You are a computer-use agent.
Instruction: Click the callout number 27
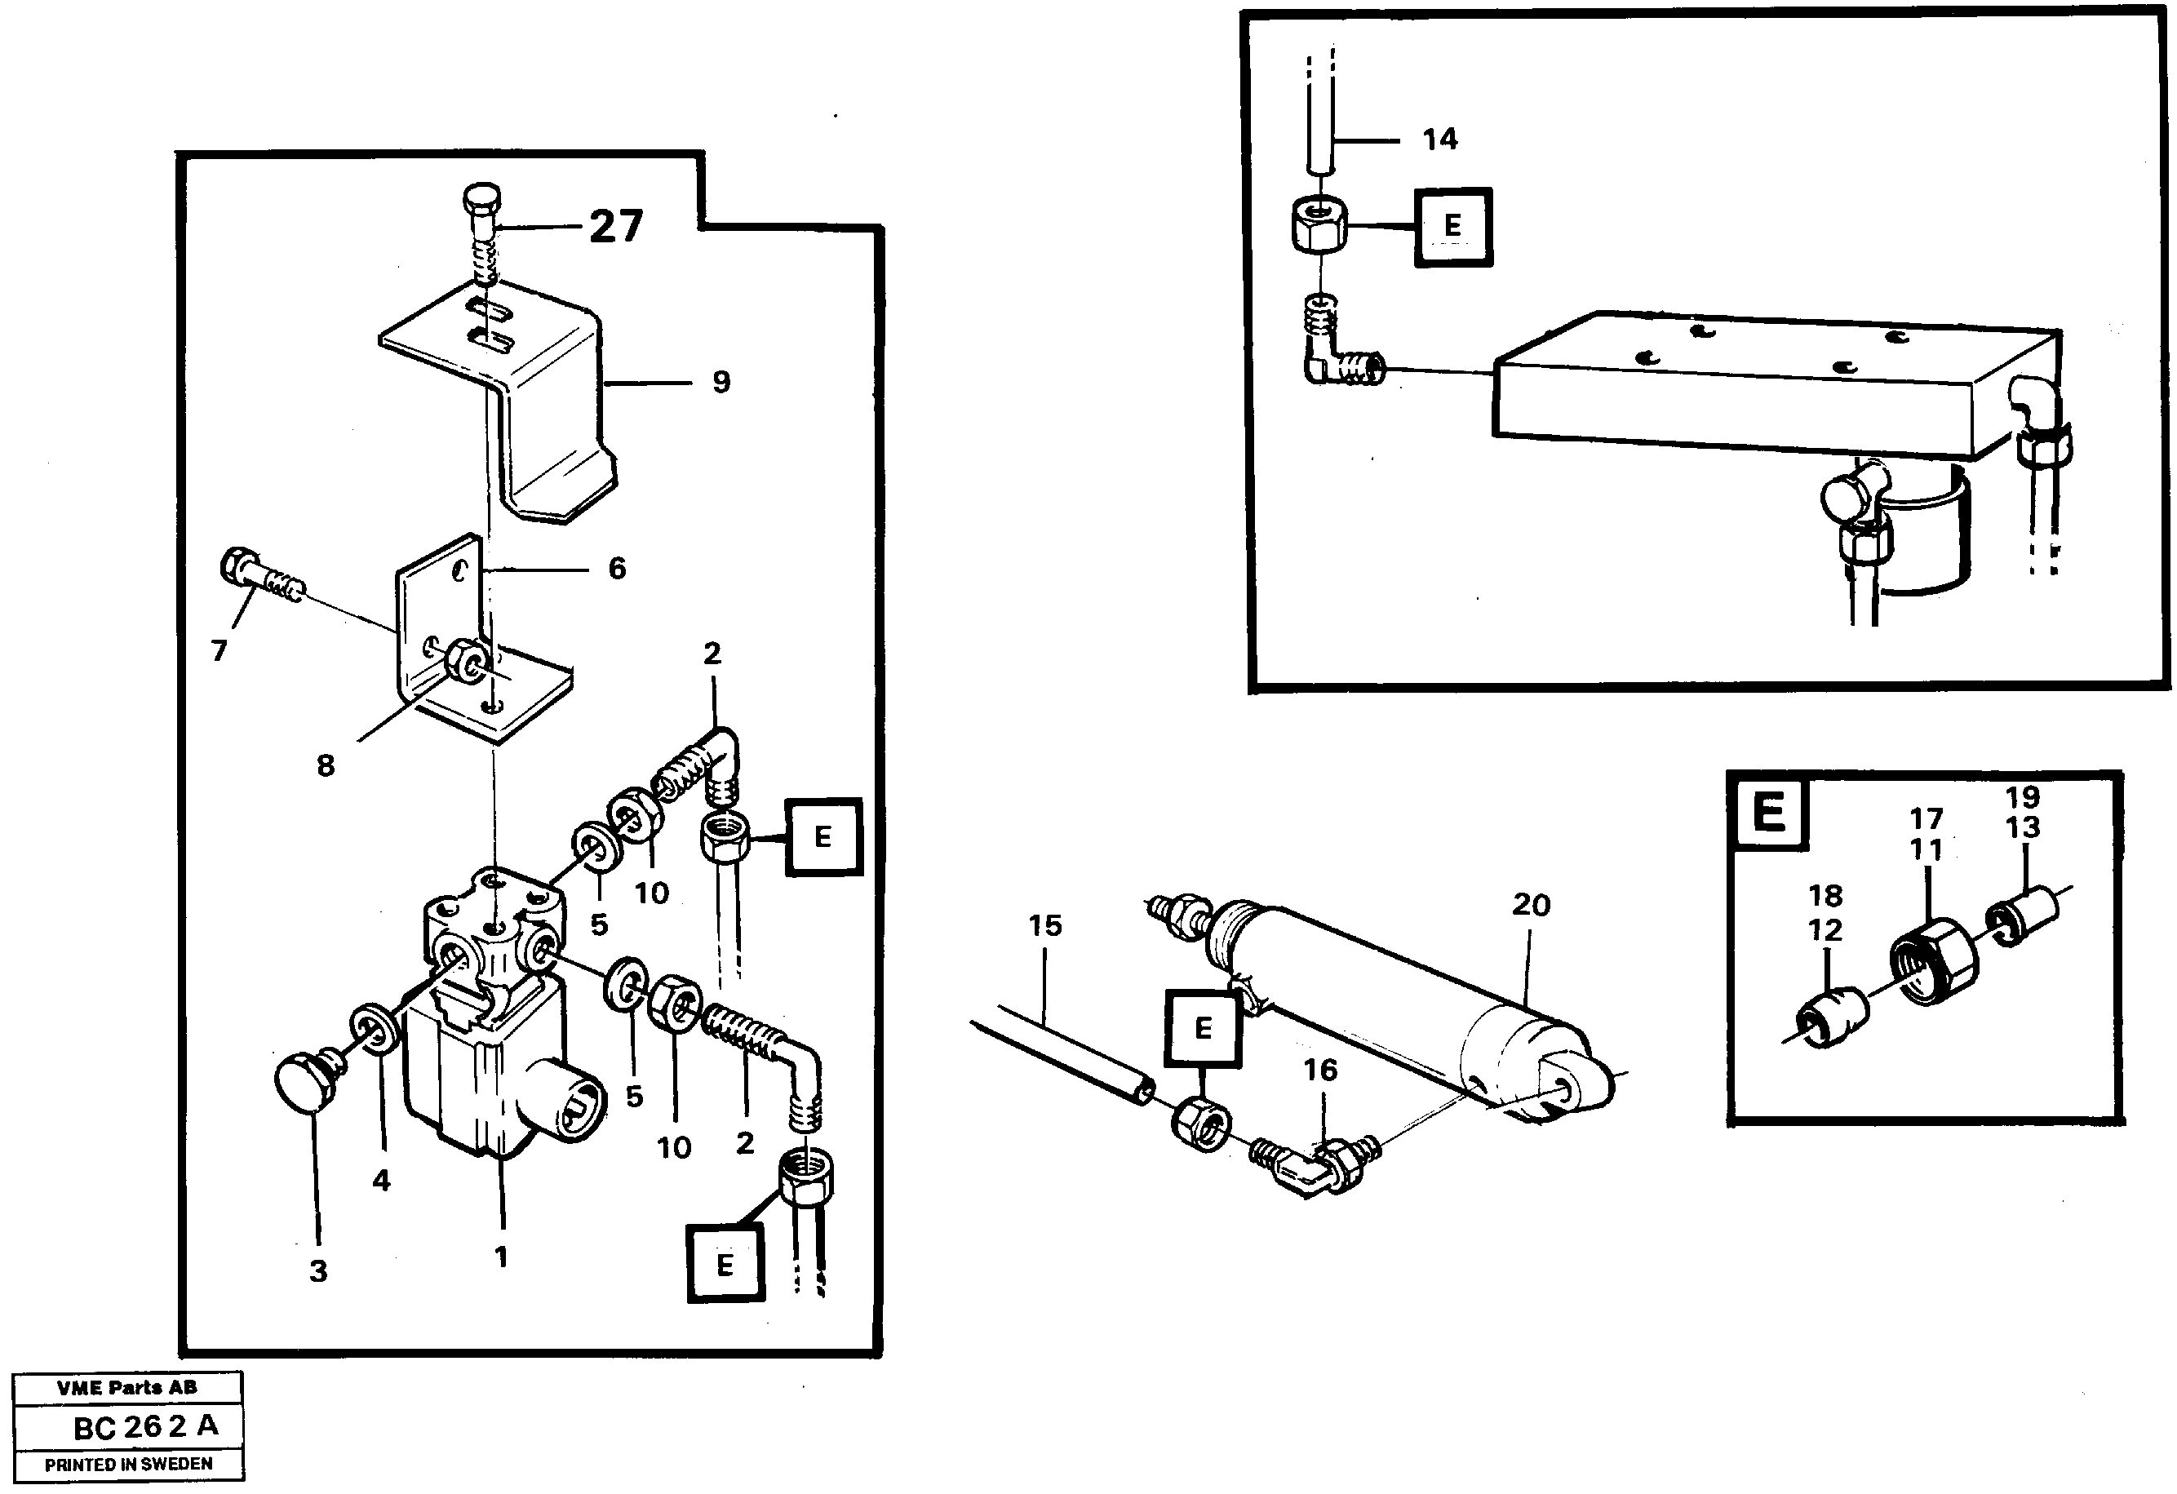(x=615, y=227)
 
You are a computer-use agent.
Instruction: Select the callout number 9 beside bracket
(x=720, y=382)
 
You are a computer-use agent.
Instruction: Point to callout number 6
(x=616, y=569)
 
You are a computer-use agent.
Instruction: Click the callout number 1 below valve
(x=501, y=1257)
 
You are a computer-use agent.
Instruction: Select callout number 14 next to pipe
(x=1440, y=140)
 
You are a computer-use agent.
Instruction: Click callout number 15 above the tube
(x=1044, y=926)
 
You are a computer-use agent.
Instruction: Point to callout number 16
(x=1320, y=1070)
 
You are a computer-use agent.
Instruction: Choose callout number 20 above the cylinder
(x=1531, y=905)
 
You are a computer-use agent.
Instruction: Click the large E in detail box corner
(x=1767, y=811)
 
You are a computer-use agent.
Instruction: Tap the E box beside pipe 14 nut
(x=1452, y=226)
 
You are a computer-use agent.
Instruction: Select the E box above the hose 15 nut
(x=1203, y=1028)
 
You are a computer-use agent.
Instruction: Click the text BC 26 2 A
(x=145, y=1426)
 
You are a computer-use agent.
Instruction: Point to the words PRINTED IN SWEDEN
(x=128, y=1464)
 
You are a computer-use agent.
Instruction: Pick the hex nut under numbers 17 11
(x=1931, y=962)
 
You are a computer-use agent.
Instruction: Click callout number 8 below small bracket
(x=325, y=766)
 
